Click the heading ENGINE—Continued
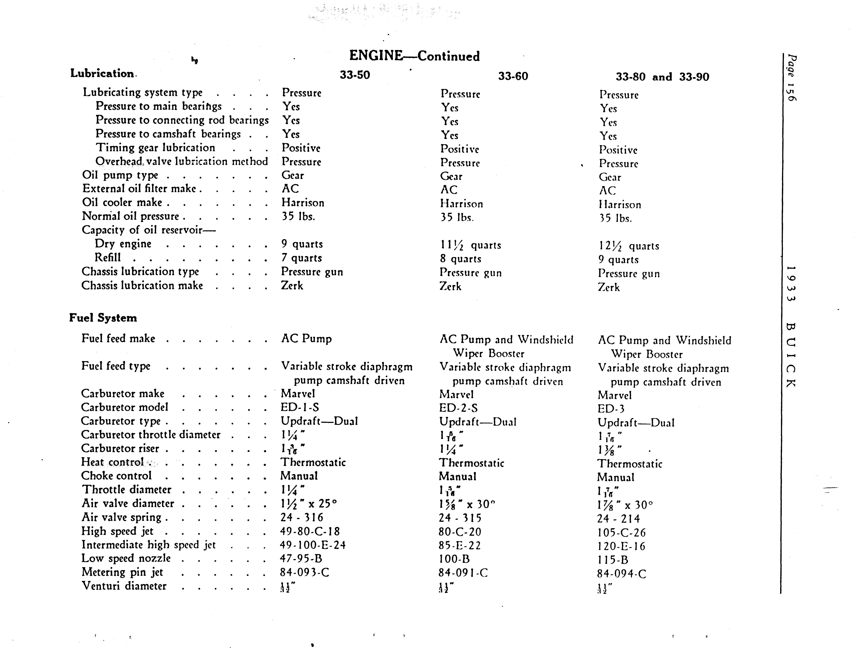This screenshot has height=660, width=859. coord(414,56)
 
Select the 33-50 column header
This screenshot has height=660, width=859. coord(354,75)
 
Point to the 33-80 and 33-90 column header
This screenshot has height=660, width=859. coord(662,77)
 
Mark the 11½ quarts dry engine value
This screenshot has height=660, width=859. coord(470,246)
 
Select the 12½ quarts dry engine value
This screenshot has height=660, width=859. coord(629,246)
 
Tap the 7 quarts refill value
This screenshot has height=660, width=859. coord(301,258)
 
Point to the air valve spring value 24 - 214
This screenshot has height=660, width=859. coord(618,519)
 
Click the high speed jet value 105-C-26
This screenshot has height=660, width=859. coord(621,533)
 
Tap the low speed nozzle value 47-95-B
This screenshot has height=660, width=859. coord(301,559)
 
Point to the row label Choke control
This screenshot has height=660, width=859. coord(116,476)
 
